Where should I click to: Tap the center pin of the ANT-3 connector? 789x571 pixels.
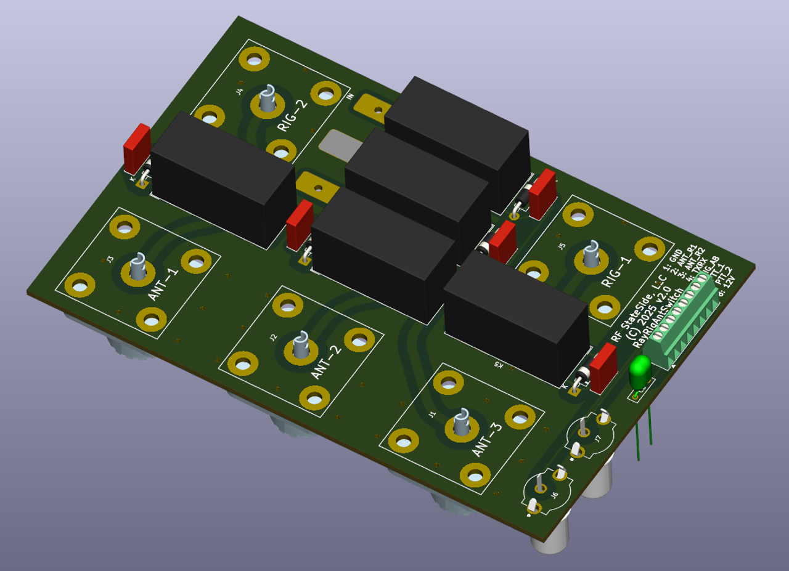(461, 424)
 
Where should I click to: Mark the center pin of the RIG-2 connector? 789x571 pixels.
(267, 101)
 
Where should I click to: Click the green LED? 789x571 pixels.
(640, 370)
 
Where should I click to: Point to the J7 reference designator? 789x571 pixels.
(597, 439)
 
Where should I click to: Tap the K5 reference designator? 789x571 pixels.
(498, 365)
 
